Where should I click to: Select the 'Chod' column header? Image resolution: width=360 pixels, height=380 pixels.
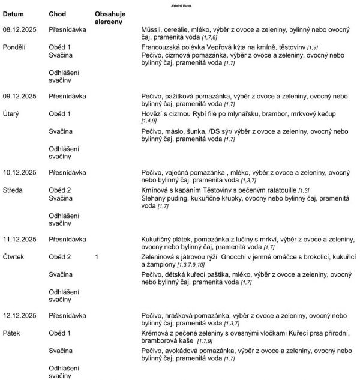(58, 13)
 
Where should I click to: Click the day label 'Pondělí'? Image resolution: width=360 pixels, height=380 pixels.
(15, 46)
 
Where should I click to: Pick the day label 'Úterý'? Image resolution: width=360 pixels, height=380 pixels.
(13, 113)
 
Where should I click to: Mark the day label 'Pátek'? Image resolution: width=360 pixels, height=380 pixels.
(13, 332)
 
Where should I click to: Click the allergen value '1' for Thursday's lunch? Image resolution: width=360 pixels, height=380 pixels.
(97, 256)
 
